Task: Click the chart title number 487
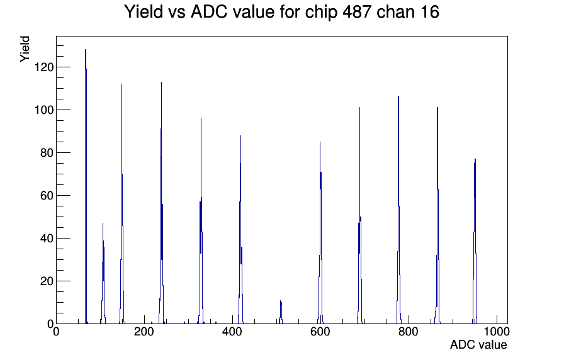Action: point(357,11)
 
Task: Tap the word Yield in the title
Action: point(144,11)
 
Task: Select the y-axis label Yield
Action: point(25,49)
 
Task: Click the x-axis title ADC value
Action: point(478,344)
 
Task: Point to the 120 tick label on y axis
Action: point(44,67)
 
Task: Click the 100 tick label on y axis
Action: point(44,110)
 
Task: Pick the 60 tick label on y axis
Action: point(47,196)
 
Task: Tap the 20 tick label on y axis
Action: point(47,281)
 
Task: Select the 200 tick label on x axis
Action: point(144,331)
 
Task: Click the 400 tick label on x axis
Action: point(232,331)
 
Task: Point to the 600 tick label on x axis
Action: point(320,331)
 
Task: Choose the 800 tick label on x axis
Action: point(409,331)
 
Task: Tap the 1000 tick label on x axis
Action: point(497,331)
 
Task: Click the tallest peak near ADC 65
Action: point(86,187)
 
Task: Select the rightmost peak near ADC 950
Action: point(475,241)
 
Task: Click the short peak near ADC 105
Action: point(103,273)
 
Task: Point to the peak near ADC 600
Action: point(320,233)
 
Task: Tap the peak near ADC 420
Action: point(240,230)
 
